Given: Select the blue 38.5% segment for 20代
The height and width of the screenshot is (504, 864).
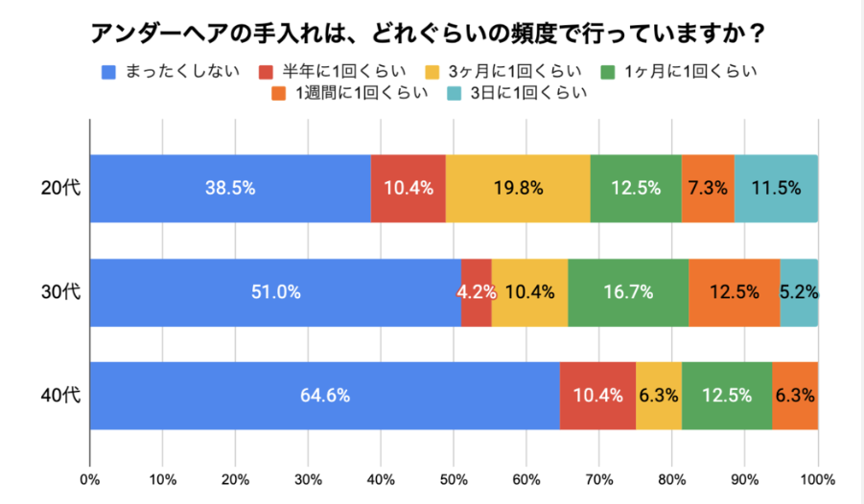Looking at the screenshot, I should point(230,188).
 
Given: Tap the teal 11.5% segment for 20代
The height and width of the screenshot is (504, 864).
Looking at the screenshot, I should point(776,188).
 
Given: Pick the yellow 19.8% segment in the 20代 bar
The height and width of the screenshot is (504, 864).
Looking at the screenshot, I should point(518,188).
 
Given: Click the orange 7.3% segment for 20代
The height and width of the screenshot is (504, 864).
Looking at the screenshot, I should point(708,188).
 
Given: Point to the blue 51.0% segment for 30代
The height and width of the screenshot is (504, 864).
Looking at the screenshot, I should point(275,292).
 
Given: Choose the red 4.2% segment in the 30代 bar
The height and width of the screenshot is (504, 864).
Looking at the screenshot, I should point(477,292).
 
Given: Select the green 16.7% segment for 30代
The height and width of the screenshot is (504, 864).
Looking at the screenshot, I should point(628,292).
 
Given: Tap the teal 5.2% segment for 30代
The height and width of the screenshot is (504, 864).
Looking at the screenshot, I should point(799,292).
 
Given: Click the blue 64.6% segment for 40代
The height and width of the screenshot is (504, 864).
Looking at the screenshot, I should point(325,395).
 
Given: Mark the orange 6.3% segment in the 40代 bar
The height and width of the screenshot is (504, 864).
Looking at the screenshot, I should point(795,395).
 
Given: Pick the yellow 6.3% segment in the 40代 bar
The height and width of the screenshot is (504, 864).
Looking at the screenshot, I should point(659,395).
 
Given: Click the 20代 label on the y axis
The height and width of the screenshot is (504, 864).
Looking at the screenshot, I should point(61,188).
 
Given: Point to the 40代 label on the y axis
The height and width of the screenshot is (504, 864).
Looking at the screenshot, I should point(61,395).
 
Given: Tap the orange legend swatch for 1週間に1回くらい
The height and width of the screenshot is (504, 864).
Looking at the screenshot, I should point(278,93).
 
